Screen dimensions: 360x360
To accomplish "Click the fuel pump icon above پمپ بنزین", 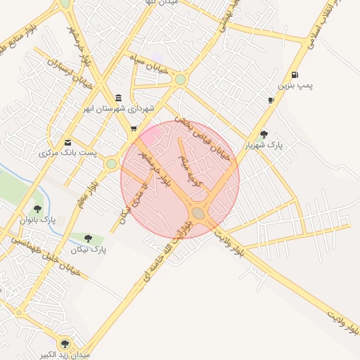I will tap(293, 75).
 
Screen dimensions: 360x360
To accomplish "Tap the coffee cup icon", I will tap(271, 101).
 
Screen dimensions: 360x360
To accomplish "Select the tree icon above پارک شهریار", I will tap(264, 134).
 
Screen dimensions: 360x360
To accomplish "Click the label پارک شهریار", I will tap(264, 146).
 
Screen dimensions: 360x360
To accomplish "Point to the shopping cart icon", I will tap(134, 129).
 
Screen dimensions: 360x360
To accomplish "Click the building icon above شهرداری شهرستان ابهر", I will tap(118, 98).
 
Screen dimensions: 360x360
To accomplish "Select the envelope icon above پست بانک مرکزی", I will tap(67, 141).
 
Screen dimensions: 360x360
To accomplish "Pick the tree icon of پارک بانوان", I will tap(37, 208).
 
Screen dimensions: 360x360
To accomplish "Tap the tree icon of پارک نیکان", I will tap(88, 238).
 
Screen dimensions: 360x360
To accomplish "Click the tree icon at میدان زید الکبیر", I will tap(65, 343).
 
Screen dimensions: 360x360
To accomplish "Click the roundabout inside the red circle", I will tap(198, 212).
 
